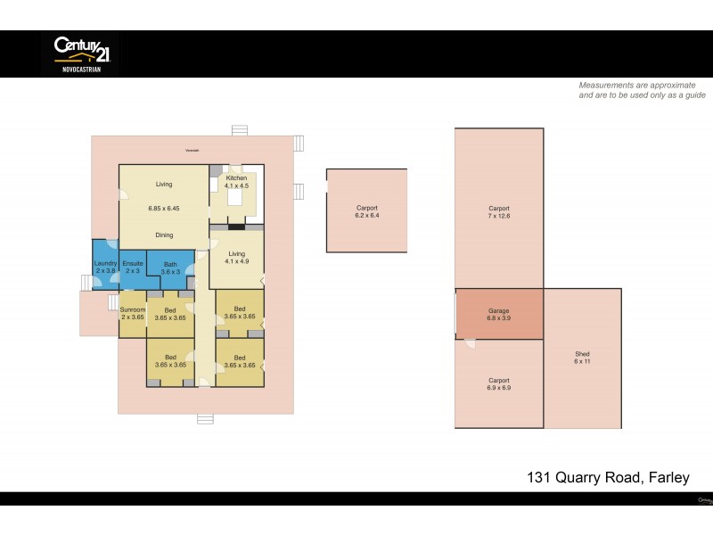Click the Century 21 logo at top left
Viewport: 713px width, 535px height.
[x=80, y=53]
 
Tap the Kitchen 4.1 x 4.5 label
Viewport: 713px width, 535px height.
[x=235, y=183]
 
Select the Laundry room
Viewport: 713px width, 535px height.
[x=105, y=268]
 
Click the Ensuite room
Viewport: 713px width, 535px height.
[x=133, y=268]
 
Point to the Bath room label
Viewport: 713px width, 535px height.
[x=170, y=268]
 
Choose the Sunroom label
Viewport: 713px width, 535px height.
[x=133, y=313]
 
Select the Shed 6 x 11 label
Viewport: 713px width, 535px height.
[x=582, y=359]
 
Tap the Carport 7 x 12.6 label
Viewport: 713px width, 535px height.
[x=498, y=212]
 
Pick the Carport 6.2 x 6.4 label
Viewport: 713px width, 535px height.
[x=367, y=211]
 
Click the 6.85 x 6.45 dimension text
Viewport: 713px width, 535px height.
[x=164, y=209]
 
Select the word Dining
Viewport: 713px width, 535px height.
[x=164, y=235]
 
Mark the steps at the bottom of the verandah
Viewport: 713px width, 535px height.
[x=206, y=419]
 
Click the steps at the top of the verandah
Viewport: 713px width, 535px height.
[x=239, y=130]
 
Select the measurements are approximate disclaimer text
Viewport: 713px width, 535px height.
[x=642, y=89]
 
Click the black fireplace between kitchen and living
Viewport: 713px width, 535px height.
[x=235, y=226]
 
